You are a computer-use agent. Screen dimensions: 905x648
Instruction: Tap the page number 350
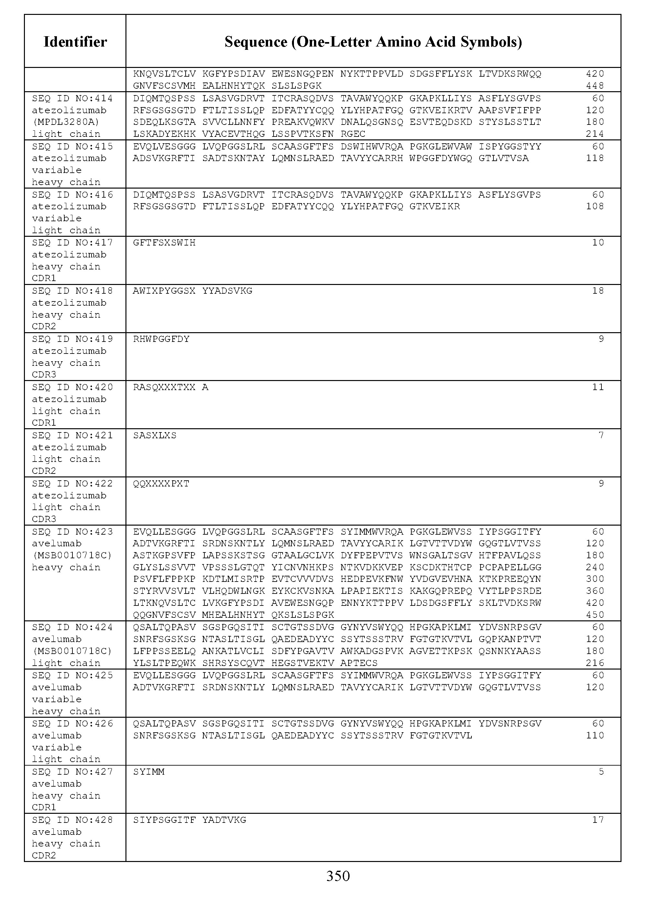pos(338,876)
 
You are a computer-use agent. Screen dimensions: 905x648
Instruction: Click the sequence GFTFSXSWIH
pos(164,243)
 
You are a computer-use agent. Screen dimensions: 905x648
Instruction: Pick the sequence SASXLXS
pos(155,435)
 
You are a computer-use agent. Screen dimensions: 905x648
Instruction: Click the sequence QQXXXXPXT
pos(161,484)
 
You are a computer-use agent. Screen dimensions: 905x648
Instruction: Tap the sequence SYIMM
pos(148,772)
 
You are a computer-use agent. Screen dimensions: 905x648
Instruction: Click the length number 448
pos(595,86)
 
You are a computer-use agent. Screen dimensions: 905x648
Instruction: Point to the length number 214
pos(595,134)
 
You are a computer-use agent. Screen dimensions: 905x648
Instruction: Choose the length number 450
pos(595,615)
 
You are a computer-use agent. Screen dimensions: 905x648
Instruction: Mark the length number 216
pos(595,663)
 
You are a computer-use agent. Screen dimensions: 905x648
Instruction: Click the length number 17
pos(598,820)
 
